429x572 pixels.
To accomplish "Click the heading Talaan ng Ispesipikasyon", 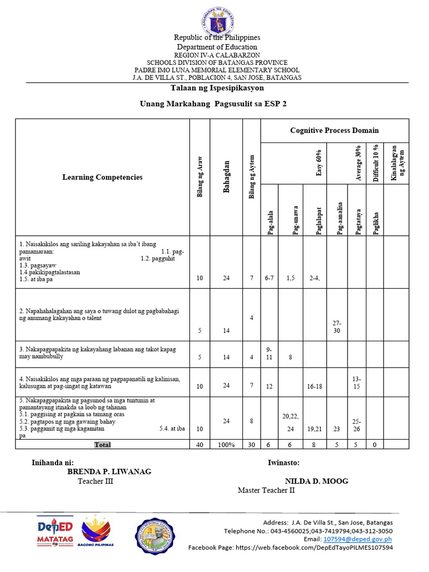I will [217, 88].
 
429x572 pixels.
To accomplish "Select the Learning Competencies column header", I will [102, 177].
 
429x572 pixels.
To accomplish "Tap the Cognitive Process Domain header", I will [334, 130].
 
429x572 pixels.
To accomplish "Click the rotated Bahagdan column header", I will [227, 177].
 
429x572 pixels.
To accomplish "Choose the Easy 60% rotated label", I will [319, 163].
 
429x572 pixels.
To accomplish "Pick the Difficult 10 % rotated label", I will [376, 163].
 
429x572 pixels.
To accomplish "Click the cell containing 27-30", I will [336, 327].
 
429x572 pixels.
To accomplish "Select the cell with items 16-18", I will [316, 385].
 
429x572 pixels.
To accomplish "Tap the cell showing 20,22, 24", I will [290, 422].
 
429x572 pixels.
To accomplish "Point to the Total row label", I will [103, 445].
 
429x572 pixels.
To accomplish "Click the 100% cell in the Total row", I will [226, 445].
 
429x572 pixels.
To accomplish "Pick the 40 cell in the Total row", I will [200, 445].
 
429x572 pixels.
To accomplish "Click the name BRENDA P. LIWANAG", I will [109, 471].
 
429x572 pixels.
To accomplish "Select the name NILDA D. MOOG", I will [316, 481].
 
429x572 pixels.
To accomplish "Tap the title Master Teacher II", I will [266, 490].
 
